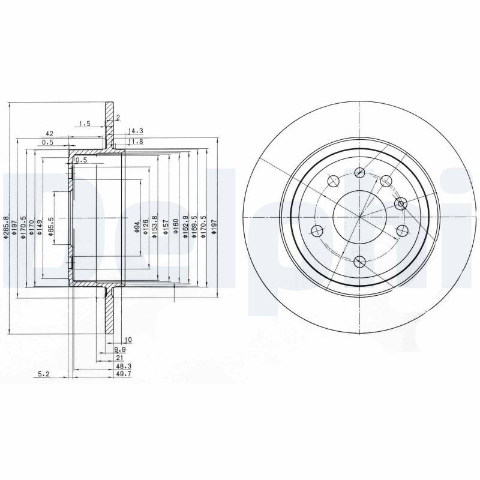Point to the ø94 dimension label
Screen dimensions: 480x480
(x=137, y=226)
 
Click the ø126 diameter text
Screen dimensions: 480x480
(x=146, y=226)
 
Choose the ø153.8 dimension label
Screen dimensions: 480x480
(x=155, y=227)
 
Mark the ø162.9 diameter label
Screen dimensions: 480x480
(x=185, y=227)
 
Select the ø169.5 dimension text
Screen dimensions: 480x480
(x=194, y=227)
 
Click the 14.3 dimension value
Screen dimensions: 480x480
(x=136, y=130)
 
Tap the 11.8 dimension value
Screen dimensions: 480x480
(x=136, y=142)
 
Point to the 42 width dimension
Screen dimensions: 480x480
(x=50, y=133)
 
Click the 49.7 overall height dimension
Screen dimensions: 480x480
(x=124, y=374)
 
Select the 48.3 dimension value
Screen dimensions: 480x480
(x=124, y=365)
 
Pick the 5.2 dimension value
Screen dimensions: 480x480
(x=44, y=374)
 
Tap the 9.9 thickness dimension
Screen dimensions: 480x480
(x=120, y=349)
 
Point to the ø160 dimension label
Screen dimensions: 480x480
(x=176, y=227)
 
